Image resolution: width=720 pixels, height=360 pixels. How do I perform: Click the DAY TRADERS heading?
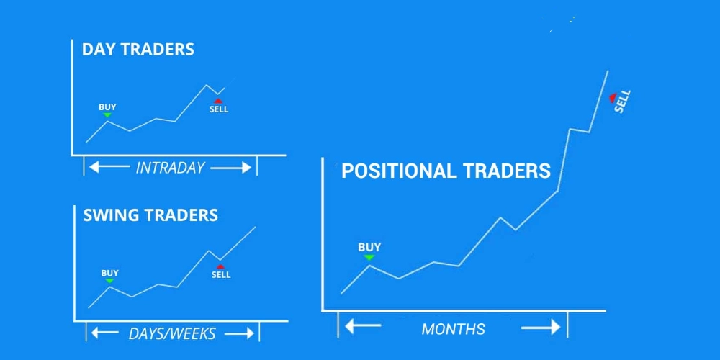(138, 50)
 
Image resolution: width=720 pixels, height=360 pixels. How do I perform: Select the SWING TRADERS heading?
(150, 215)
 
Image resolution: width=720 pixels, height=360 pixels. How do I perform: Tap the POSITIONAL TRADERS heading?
(446, 171)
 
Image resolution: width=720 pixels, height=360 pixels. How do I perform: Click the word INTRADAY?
(170, 168)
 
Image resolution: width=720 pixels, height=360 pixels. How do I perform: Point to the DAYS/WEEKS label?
(172, 334)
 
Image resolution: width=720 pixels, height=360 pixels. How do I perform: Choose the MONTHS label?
(453, 329)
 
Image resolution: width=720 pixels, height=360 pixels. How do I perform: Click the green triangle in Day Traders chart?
(107, 114)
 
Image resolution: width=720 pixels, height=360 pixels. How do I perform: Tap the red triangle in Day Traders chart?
(218, 101)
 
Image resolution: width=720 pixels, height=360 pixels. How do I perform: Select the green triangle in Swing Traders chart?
(109, 281)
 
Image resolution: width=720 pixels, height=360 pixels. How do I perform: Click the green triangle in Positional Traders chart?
(369, 257)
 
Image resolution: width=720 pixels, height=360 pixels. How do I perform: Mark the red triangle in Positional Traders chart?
(612, 97)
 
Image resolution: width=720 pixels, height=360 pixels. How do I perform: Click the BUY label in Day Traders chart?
(107, 107)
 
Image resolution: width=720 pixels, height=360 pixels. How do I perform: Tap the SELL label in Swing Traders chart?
(221, 275)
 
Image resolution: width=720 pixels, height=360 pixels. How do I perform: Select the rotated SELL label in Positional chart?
(623, 102)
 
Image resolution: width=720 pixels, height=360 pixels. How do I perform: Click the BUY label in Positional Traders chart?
(369, 247)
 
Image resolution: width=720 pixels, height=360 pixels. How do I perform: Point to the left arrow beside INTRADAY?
(109, 167)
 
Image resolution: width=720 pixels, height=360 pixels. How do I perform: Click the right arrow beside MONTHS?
(541, 328)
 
